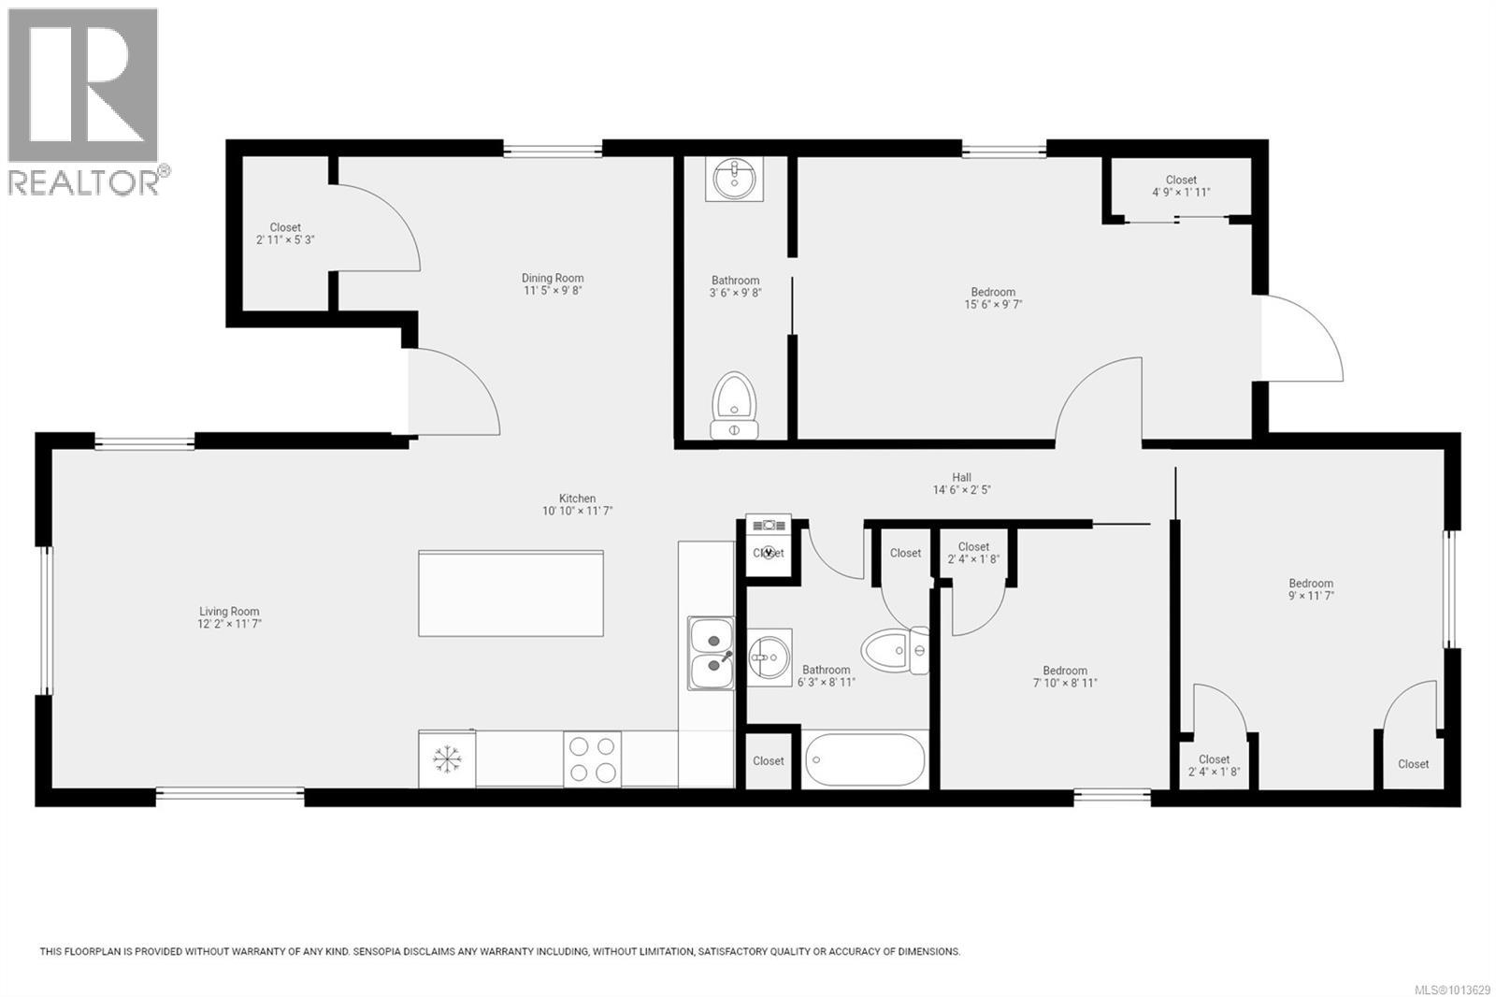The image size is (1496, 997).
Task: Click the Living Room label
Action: tap(229, 617)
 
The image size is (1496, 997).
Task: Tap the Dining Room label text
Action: tap(553, 283)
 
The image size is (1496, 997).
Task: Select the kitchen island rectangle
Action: tap(511, 594)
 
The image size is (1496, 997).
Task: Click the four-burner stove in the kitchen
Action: tap(592, 759)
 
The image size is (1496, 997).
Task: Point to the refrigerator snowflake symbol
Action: tap(447, 759)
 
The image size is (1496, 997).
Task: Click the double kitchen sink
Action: tap(712, 653)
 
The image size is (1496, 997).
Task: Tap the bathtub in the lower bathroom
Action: tap(864, 759)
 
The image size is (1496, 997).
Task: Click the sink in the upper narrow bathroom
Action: tap(736, 179)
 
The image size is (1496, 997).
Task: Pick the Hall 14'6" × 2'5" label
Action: tap(961, 484)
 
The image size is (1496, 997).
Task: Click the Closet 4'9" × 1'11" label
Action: tap(1181, 185)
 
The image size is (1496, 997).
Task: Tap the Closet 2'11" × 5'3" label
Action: tap(285, 233)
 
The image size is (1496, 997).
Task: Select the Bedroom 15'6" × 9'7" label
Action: tap(992, 297)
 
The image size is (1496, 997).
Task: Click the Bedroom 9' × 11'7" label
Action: tap(1311, 588)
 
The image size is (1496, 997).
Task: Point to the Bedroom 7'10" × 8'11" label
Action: tap(1065, 676)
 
